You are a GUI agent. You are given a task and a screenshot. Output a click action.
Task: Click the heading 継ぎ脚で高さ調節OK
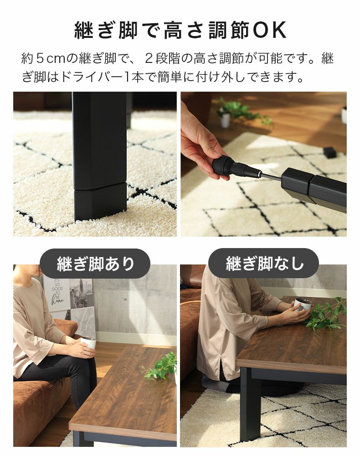point(180,30)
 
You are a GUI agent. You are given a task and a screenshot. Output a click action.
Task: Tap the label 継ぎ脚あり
point(95,264)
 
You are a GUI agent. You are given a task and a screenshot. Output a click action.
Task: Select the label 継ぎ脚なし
point(264,264)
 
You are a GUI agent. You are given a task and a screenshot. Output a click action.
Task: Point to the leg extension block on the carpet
point(100,201)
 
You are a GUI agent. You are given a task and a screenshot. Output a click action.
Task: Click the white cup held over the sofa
point(89,342)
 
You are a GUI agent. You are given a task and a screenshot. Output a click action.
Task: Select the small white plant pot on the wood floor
point(225,120)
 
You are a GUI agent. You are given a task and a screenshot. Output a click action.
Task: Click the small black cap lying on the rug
point(329,152)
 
